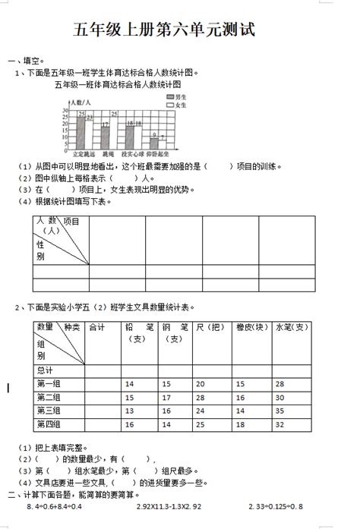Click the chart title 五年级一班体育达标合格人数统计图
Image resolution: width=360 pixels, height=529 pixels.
118,84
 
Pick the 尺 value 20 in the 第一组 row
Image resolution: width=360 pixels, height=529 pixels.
200,384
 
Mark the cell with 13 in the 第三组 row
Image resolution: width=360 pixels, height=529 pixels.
129,411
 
